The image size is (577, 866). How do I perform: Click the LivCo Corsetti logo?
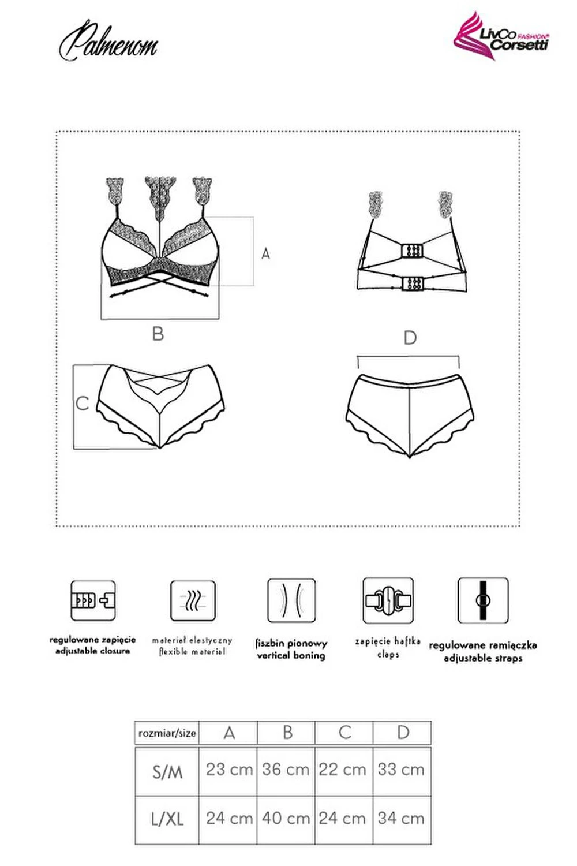tap(501, 37)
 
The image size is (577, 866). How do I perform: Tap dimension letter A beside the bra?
tap(265, 253)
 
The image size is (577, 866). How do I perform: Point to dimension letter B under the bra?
tap(158, 334)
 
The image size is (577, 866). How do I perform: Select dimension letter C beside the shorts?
tap(83, 404)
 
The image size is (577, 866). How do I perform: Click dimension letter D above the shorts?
tap(410, 338)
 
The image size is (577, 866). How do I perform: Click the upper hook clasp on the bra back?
tap(412, 252)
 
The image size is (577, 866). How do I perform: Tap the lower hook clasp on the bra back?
tap(412, 283)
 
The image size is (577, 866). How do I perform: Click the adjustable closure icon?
tap(93, 600)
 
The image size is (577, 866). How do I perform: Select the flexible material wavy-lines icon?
tap(193, 600)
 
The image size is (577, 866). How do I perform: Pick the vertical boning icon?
tap(291, 600)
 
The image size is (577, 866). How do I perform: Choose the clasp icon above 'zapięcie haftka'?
tap(388, 600)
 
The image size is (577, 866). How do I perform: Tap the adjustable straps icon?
tap(483, 600)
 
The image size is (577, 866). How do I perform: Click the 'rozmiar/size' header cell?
tap(167, 733)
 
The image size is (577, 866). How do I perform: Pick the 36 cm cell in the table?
tap(286, 770)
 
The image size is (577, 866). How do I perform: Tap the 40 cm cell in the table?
tap(286, 819)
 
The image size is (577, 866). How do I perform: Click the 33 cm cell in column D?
tap(402, 770)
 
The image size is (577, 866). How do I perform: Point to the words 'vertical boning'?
tap(291, 655)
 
